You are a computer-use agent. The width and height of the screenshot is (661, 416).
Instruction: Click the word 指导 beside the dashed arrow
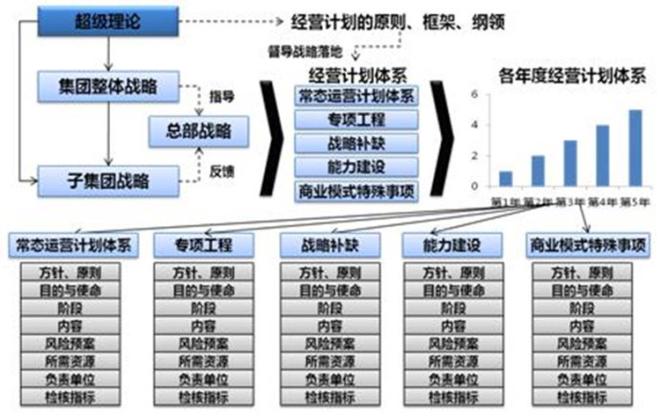coord(222,97)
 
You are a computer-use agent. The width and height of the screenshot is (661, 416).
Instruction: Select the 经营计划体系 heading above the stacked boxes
coord(355,74)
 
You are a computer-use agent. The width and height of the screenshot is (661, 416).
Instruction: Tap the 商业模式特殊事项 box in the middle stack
coord(355,190)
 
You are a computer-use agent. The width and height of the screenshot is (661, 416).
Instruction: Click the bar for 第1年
coord(506,178)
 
